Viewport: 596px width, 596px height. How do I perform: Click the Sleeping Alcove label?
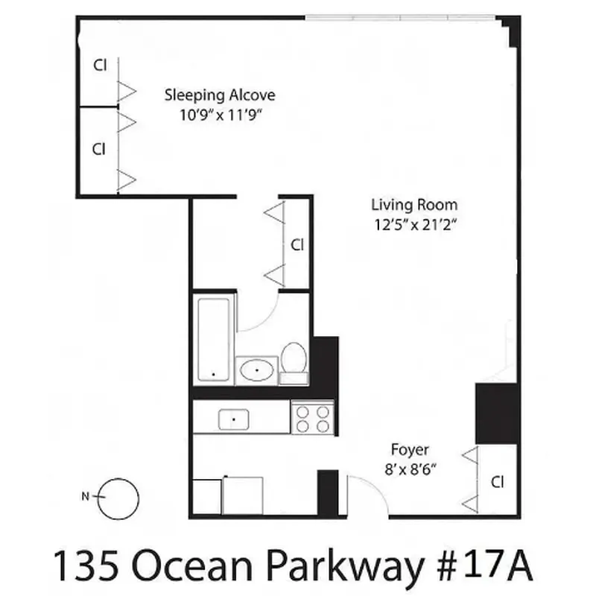point(220,95)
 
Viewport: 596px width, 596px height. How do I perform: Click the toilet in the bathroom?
point(294,361)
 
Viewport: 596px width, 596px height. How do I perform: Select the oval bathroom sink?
point(257,369)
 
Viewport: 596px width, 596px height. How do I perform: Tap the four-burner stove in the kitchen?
point(313,417)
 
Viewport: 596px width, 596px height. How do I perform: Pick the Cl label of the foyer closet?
point(498,482)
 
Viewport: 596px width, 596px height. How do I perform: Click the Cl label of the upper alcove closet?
point(99,65)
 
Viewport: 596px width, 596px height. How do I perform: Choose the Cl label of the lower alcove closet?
point(99,149)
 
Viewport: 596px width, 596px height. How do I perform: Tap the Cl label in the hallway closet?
point(297,244)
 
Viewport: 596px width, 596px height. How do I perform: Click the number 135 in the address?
point(81,566)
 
